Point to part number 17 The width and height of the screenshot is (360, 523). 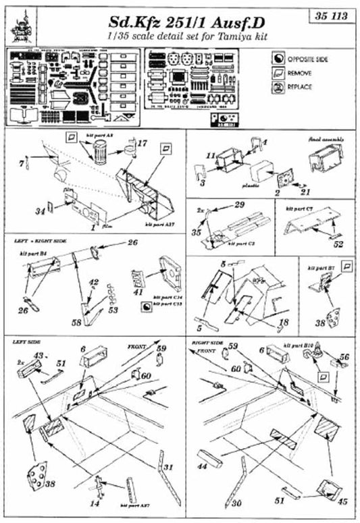click(141, 143)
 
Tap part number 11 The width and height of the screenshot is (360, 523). click(211, 155)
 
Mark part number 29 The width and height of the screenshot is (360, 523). click(238, 204)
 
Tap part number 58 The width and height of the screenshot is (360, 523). click(78, 323)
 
